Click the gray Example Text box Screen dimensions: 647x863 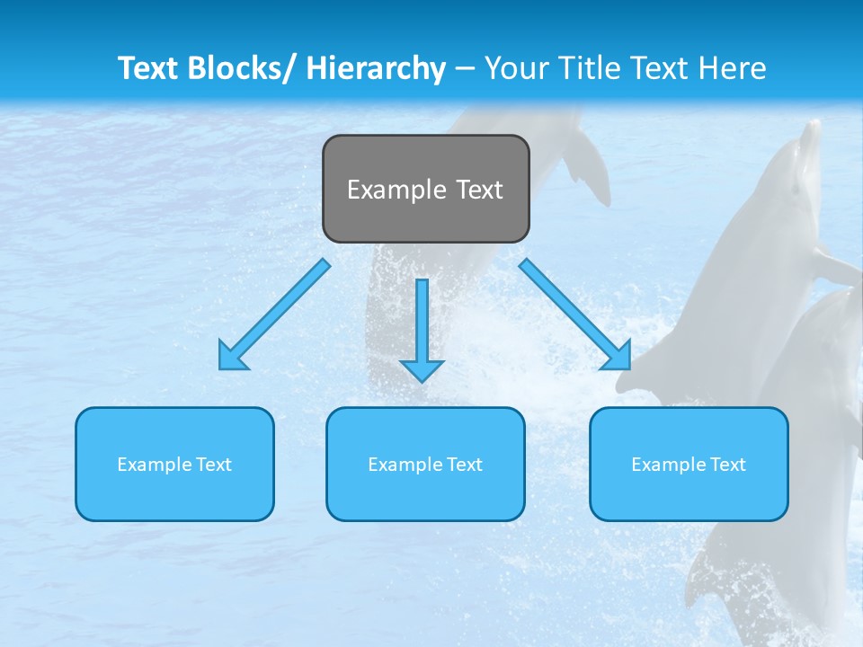point(425,189)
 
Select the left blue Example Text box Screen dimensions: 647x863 point(174,464)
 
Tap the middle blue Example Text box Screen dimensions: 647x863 point(425,464)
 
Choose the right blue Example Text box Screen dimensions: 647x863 point(689,464)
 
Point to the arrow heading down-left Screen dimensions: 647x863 point(274,315)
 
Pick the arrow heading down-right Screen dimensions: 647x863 point(575,315)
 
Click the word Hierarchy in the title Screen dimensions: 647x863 point(376,68)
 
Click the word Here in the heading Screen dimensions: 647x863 point(733,68)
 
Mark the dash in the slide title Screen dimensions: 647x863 point(465,68)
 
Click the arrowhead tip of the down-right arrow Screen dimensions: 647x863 point(628,368)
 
